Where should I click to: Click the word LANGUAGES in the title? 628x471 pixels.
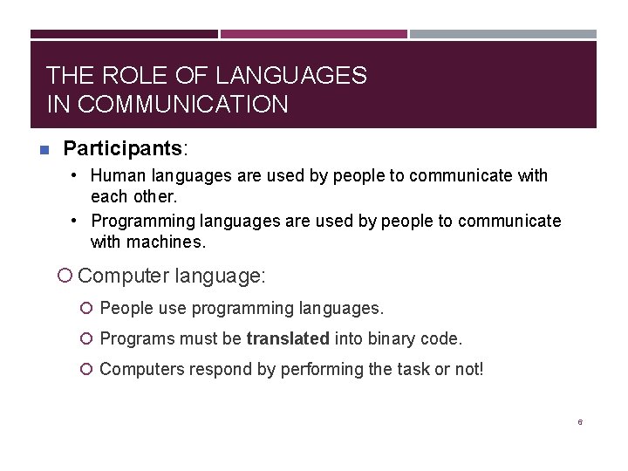click(291, 75)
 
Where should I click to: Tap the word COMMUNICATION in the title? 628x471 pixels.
click(182, 104)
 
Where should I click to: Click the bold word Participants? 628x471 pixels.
click(123, 148)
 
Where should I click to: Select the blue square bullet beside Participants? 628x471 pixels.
click(44, 150)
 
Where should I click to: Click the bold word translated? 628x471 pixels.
click(288, 338)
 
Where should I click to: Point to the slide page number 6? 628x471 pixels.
click(580, 422)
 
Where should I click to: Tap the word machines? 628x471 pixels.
click(166, 242)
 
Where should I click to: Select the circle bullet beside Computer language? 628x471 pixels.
click(65, 276)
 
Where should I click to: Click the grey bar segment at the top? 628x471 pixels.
click(503, 34)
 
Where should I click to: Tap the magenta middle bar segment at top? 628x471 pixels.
click(314, 34)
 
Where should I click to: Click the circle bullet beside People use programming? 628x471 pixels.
click(86, 308)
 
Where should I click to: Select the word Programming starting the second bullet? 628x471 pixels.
click(143, 222)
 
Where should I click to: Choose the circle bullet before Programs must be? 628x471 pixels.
click(86, 338)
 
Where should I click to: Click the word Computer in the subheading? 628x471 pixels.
click(123, 276)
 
